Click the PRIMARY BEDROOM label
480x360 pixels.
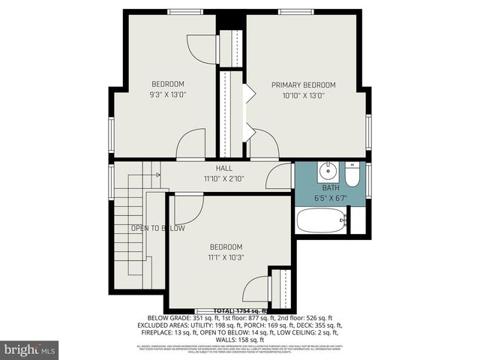tap(303, 85)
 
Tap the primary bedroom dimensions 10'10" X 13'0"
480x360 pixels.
tap(303, 95)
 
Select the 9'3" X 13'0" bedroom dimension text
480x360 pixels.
tap(168, 94)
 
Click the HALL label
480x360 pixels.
tap(224, 169)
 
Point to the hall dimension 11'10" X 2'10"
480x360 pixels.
tap(224, 179)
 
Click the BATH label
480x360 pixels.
tap(331, 187)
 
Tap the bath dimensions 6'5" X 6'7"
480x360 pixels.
tap(331, 199)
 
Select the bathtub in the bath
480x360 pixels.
tap(321, 220)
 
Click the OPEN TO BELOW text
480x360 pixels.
tap(157, 228)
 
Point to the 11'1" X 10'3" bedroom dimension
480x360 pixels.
tap(226, 257)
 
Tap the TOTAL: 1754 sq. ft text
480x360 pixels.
tap(240, 310)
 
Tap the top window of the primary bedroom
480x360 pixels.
tap(296, 11)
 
